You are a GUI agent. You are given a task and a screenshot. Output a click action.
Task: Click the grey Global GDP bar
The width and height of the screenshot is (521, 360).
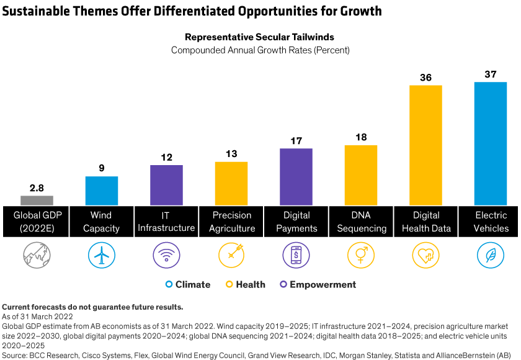tap(37, 200)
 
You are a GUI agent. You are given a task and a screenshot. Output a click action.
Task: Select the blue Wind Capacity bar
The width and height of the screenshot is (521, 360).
tap(102, 191)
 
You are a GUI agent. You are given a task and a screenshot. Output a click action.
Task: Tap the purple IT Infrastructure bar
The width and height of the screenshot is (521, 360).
tap(166, 185)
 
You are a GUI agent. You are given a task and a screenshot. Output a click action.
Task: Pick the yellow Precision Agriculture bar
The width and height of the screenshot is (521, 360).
tap(231, 183)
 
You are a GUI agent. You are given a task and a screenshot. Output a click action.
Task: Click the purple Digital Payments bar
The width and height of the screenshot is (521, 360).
tap(296, 177)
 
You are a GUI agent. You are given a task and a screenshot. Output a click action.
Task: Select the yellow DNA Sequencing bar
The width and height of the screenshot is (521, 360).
tap(361, 175)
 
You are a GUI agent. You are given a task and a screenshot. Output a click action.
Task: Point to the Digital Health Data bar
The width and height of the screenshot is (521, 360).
tap(425, 145)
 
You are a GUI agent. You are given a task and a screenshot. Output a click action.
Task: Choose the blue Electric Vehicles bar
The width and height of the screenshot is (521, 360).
tap(491, 143)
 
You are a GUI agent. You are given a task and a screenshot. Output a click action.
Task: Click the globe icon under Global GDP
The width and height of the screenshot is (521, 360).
tap(37, 255)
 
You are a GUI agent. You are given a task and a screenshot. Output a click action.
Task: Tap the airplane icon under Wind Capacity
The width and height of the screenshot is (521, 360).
tap(102, 255)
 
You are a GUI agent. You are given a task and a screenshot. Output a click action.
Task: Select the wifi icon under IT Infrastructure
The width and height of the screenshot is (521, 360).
tap(166, 255)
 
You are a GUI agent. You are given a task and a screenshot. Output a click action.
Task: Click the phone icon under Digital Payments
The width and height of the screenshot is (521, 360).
tap(296, 255)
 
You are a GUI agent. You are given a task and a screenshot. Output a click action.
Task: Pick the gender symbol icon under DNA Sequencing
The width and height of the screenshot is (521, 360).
tap(361, 255)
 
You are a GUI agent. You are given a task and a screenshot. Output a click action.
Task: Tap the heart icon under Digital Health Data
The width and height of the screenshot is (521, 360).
tap(425, 255)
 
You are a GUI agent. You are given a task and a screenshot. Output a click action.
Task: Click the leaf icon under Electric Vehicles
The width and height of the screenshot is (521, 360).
tap(491, 255)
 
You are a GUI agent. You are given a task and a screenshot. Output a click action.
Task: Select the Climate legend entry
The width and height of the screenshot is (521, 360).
tap(188, 285)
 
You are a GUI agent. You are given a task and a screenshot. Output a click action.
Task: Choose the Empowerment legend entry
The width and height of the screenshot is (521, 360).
tap(318, 285)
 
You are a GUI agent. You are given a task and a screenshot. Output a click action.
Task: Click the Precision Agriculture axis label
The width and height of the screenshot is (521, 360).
tap(232, 222)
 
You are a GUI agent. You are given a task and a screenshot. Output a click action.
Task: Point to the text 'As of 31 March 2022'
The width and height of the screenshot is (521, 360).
tap(38, 317)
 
